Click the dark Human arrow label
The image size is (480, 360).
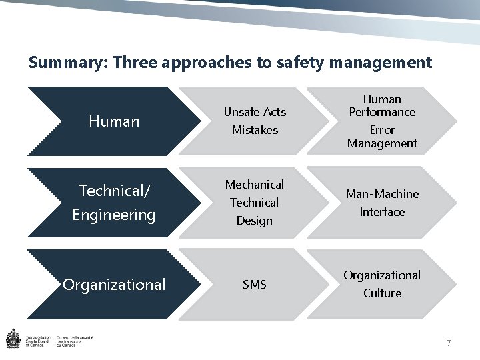[115, 121]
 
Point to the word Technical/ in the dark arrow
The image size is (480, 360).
[115, 191]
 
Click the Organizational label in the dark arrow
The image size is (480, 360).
[114, 285]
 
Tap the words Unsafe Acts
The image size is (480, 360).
[255, 112]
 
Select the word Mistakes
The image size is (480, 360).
[255, 130]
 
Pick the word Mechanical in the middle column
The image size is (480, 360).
[255, 184]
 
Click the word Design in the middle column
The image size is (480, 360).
[255, 220]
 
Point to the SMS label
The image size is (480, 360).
[255, 285]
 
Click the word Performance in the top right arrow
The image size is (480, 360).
[382, 112]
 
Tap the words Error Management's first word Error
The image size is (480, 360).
[382, 130]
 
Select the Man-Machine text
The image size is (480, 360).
[382, 194]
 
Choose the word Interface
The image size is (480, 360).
[382, 212]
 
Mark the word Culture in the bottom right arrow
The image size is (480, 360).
[382, 293]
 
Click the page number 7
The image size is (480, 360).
[449, 343]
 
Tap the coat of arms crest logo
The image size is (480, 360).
[13, 339]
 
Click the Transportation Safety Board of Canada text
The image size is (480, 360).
[39, 341]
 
